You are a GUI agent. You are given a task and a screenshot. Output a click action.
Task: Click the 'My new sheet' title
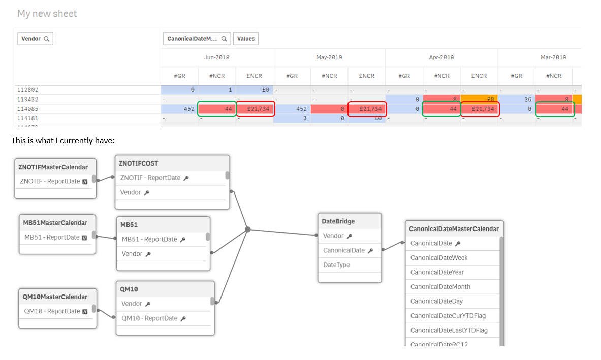pos(47,14)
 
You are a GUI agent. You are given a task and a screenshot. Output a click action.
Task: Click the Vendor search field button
pos(35,39)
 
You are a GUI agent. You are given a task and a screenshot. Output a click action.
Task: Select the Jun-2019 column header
pos(216,57)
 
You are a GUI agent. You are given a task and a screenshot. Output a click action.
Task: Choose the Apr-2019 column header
pos(441,57)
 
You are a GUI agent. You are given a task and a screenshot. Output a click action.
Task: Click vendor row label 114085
pos(27,109)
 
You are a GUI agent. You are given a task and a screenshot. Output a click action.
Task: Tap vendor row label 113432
pos(27,100)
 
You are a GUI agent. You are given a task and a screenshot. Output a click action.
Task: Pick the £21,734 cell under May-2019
pos(367,109)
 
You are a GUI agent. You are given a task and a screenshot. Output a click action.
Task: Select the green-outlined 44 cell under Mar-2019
pos(555,109)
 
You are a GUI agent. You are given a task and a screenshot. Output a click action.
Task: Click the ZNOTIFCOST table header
pos(139,163)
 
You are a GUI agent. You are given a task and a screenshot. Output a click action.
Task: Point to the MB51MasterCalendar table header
pos(55,223)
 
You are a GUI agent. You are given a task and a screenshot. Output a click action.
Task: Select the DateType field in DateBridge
pos(336,265)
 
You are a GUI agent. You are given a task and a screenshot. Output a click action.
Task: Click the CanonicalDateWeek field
pos(438,258)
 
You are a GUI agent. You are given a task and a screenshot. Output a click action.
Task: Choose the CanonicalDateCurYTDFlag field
pos(448,316)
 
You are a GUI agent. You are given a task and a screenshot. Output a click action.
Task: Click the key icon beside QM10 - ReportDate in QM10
pos(183,318)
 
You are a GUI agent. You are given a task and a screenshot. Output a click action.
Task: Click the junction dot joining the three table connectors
pos(248,230)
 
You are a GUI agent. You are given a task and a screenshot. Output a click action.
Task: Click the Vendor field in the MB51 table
pos(132,253)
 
